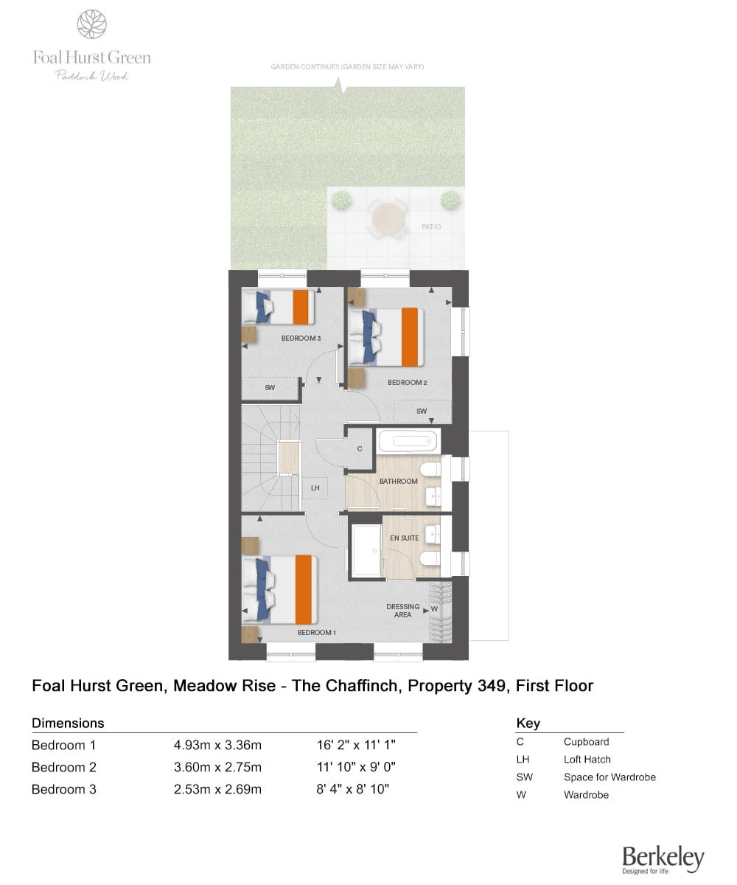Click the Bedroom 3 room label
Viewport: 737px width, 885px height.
(301, 339)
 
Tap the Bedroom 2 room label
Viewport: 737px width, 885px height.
(407, 382)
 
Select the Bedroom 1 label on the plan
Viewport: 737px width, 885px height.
(316, 632)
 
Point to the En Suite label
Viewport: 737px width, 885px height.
(404, 538)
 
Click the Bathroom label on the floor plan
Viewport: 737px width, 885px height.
(398, 481)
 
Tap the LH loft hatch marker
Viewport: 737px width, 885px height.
(315, 487)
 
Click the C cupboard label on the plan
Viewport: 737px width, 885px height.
(359, 449)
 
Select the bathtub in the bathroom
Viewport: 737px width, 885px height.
(408, 441)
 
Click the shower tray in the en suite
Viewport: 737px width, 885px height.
(367, 551)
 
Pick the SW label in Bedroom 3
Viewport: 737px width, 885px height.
(270, 387)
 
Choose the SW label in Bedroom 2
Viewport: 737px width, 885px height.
(422, 411)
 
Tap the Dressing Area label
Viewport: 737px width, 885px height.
(403, 611)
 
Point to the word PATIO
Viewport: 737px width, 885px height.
(431, 226)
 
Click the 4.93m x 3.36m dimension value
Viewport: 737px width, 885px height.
(217, 745)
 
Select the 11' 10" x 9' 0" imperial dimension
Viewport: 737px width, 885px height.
(356, 767)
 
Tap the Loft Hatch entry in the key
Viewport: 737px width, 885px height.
(587, 760)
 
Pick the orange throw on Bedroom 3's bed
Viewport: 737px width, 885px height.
(300, 307)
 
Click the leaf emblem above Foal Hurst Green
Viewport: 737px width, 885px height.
(92, 24)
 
